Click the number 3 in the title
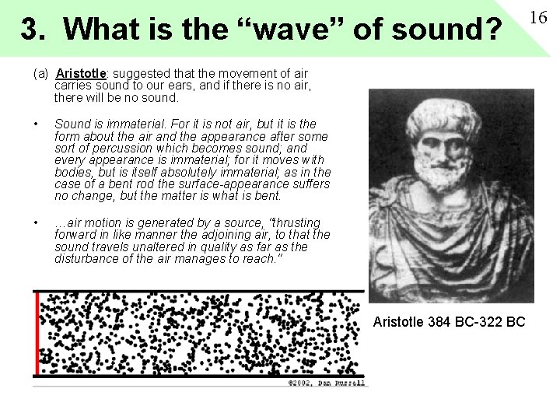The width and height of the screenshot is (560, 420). click(x=30, y=30)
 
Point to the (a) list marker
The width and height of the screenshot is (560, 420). click(x=40, y=74)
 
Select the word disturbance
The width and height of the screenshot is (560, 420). click(x=90, y=258)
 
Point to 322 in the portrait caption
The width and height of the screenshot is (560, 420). click(x=492, y=322)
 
